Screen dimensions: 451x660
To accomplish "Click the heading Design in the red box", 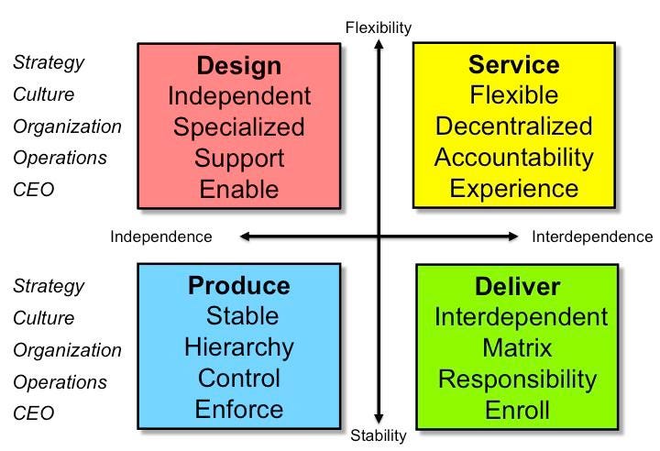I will click(x=239, y=66).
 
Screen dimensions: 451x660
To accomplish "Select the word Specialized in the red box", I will click(x=239, y=126).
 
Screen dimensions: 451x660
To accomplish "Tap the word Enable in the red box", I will click(x=239, y=190).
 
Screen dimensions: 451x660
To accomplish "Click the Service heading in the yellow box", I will click(x=513, y=65).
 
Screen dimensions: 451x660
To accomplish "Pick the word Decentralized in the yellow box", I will click(x=513, y=126).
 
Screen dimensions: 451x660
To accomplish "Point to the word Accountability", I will click(x=513, y=158).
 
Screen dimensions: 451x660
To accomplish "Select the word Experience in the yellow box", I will click(x=513, y=190).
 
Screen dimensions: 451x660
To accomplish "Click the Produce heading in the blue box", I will click(x=239, y=286).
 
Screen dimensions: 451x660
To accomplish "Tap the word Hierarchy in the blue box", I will click(x=239, y=347).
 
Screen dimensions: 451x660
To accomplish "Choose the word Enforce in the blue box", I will click(x=239, y=409).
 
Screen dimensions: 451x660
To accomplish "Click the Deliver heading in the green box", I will click(x=518, y=286).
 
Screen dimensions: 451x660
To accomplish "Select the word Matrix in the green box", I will click(x=518, y=348).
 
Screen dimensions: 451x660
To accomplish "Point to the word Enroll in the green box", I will click(x=518, y=410).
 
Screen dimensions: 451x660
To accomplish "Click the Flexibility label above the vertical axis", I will click(x=379, y=27).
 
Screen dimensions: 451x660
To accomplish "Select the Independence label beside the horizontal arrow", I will click(x=161, y=236).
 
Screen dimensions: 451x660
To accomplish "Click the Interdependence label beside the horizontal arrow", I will click(x=592, y=236).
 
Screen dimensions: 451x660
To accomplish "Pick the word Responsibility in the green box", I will click(x=518, y=379).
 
